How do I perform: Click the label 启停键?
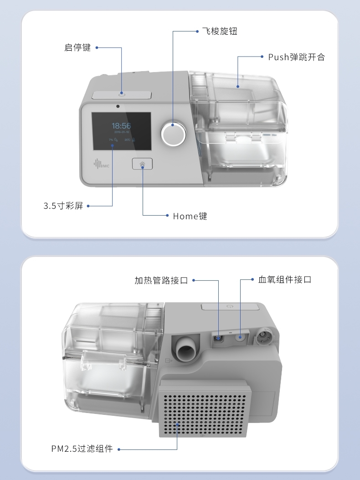[77, 47]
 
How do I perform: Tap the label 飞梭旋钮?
[220, 31]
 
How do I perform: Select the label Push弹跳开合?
[296, 57]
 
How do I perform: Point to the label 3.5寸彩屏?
[63, 206]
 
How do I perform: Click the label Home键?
[190, 216]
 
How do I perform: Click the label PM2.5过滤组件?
[82, 449]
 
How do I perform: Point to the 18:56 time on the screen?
[121, 125]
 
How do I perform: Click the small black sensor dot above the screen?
[118, 107]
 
